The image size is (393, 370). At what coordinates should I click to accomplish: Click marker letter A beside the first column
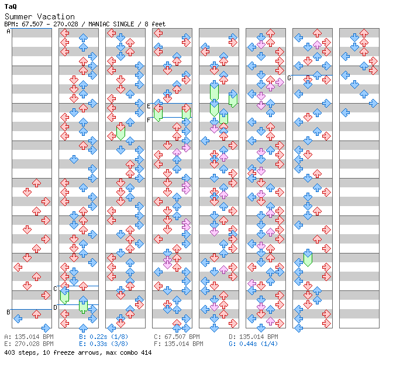click(x=8, y=32)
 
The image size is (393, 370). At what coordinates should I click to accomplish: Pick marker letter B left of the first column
click(x=8, y=312)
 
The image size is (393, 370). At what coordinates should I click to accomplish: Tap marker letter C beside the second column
click(x=55, y=289)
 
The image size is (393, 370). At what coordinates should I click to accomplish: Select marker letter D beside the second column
click(x=55, y=307)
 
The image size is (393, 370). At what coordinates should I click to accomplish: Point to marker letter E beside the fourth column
click(x=149, y=106)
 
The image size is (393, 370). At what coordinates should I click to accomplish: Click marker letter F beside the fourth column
click(x=149, y=119)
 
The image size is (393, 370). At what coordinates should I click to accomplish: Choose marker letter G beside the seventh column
click(x=289, y=77)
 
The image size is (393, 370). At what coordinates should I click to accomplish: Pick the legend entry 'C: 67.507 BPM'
click(x=177, y=337)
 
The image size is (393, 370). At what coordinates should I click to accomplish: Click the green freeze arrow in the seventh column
click(x=308, y=258)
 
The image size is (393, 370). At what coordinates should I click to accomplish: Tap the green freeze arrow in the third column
click(x=120, y=131)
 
